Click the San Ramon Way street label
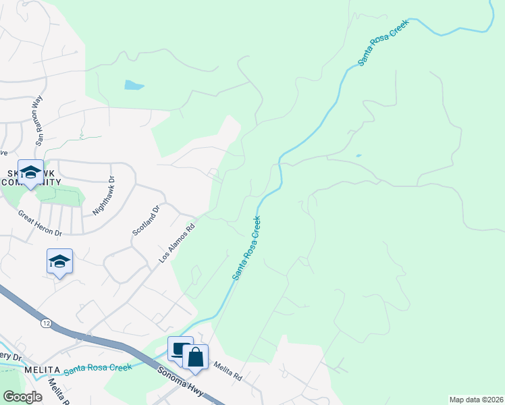coord(36,120)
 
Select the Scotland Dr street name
coord(146,220)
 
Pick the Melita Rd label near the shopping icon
coord(228,371)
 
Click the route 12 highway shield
coord(45,324)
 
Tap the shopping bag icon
coord(195,357)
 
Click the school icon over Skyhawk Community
coord(30,172)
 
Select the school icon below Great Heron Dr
coord(59,261)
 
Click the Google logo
coord(23,396)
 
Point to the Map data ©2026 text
coord(477,399)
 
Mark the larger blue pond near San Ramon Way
coord(134,85)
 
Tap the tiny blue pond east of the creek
coord(358,156)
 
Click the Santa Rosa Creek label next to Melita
coord(97,368)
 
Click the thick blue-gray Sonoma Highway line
coord(101,342)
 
